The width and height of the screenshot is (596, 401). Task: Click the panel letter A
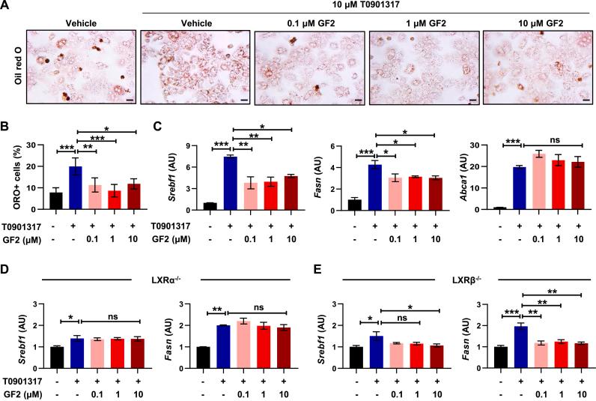pyautogui.click(x=6, y=7)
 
